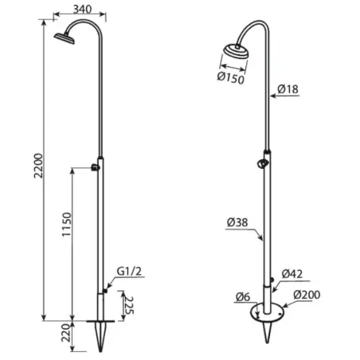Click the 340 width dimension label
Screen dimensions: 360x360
click(82, 10)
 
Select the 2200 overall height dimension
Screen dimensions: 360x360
click(38, 166)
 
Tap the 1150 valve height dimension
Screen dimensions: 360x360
click(67, 225)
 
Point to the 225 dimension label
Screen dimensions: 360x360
click(130, 305)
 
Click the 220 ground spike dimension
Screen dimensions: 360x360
click(66, 333)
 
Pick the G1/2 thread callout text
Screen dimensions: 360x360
click(129, 272)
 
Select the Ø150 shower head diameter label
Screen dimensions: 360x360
click(230, 78)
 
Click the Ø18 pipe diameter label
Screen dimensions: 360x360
click(288, 89)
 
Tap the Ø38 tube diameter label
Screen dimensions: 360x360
click(237, 222)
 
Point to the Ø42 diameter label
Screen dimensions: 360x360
click(292, 274)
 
